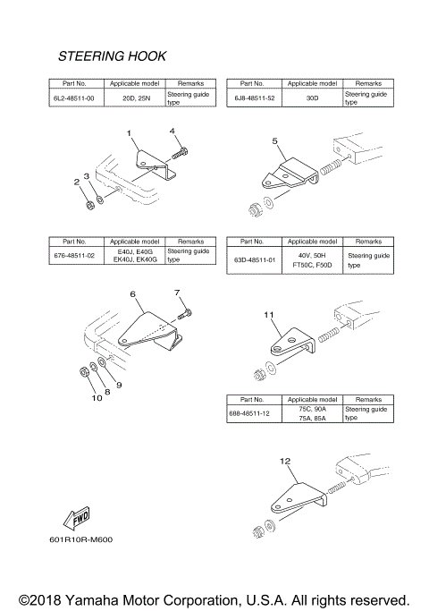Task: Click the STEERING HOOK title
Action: [112, 56]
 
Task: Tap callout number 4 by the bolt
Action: [172, 132]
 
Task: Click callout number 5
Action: [275, 141]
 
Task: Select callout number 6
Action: [132, 294]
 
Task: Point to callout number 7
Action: [177, 292]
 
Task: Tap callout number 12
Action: [284, 461]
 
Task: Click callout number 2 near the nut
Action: [77, 182]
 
